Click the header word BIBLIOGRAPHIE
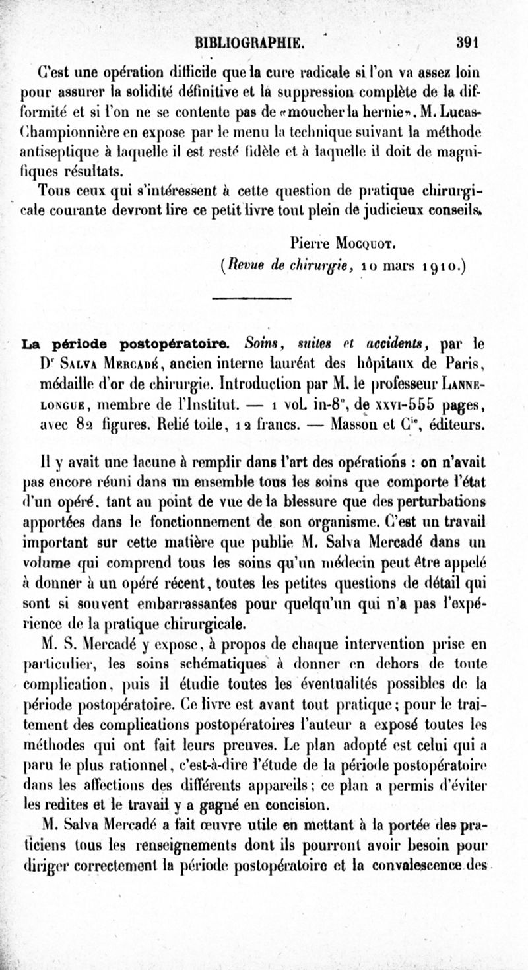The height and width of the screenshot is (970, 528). [246, 43]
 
